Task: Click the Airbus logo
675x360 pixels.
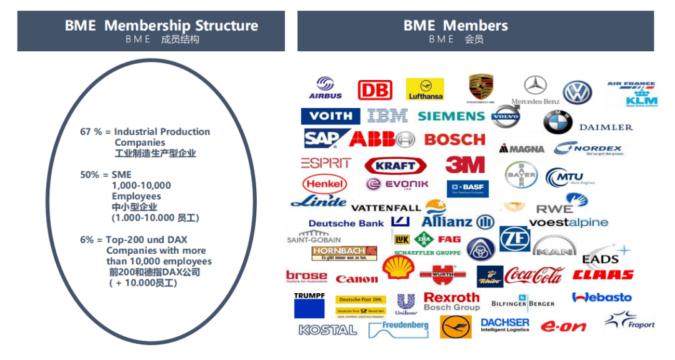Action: pyautogui.click(x=326, y=88)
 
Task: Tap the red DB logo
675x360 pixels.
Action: pyautogui.click(x=375, y=90)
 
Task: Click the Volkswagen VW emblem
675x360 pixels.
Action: pyautogui.click(x=577, y=92)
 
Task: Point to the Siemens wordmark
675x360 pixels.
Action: pyautogui.click(x=451, y=116)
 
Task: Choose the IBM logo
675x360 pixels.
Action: pyautogui.click(x=387, y=116)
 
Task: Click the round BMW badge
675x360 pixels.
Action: pyautogui.click(x=557, y=122)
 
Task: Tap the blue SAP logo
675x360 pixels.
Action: pyautogui.click(x=322, y=138)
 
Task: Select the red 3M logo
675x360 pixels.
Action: pyautogui.click(x=465, y=164)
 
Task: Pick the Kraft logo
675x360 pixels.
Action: pyautogui.click(x=396, y=166)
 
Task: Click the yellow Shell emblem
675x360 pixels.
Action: pyautogui.click(x=398, y=267)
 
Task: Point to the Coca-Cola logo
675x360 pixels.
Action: pyautogui.click(x=534, y=275)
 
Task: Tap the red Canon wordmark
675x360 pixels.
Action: pyautogui.click(x=357, y=279)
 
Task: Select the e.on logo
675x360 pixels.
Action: pyautogui.click(x=563, y=326)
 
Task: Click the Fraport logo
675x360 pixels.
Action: pyautogui.click(x=629, y=321)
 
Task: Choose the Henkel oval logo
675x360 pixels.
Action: pyautogui.click(x=325, y=184)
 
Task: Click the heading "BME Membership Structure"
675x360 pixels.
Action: pyautogui.click(x=161, y=26)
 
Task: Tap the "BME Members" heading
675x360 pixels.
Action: pyautogui.click(x=456, y=26)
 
